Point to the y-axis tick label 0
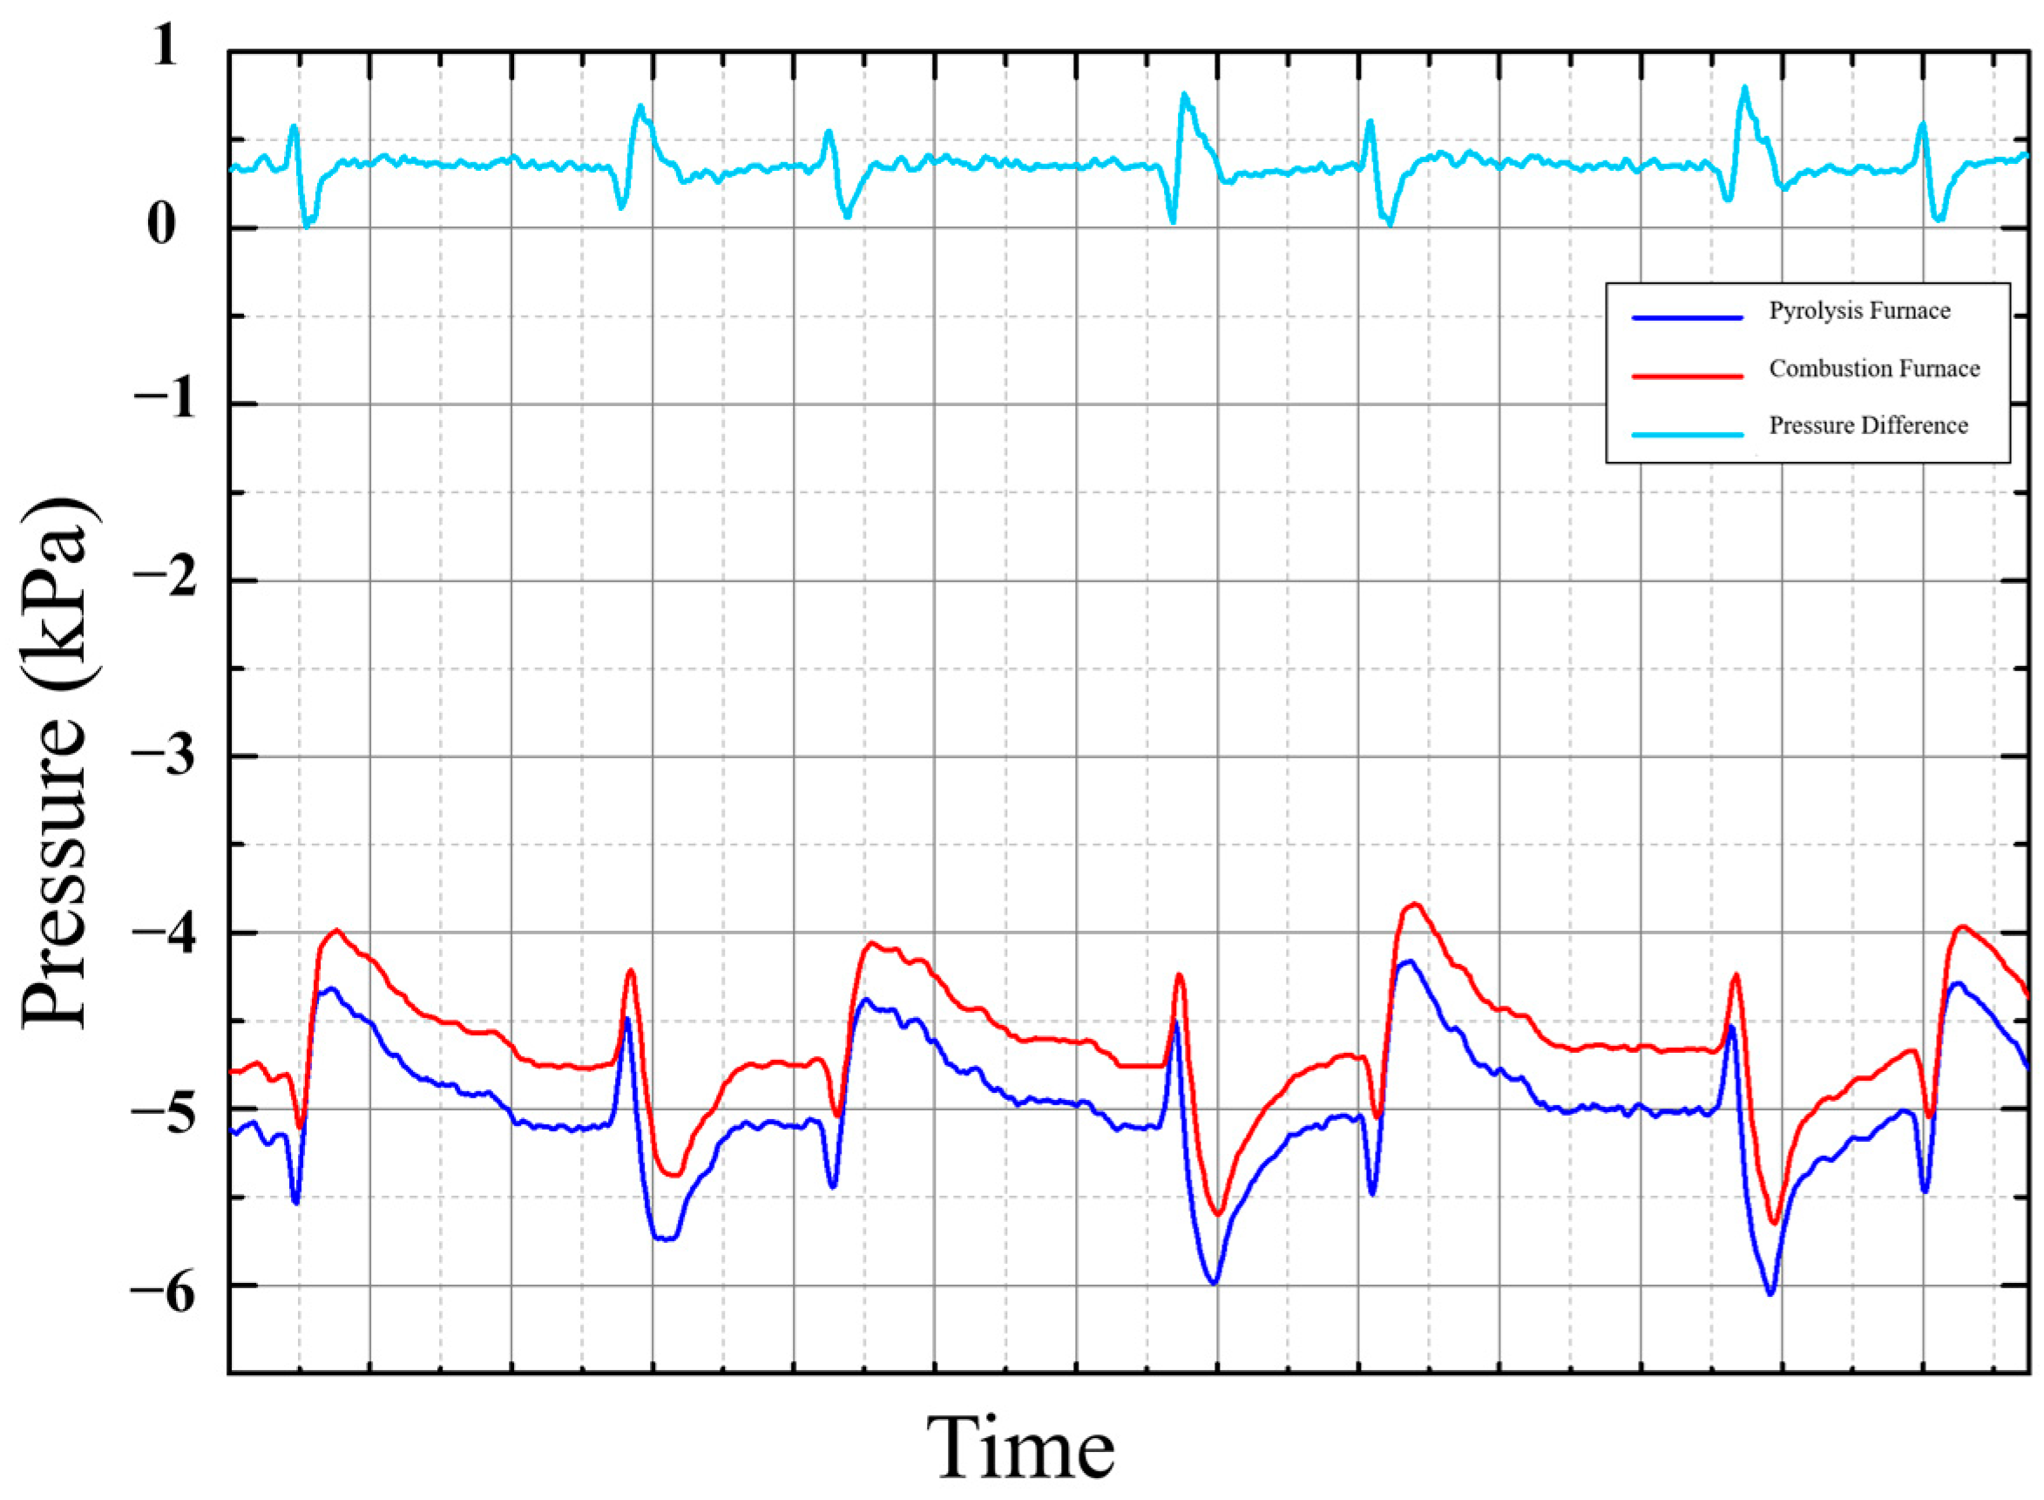[160, 224]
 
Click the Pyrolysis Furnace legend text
[1858, 311]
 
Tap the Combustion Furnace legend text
[1874, 369]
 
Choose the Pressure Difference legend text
[1868, 426]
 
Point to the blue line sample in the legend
[1687, 318]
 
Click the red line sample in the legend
[1687, 375]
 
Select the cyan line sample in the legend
[1687, 434]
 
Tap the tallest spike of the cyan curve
[1743, 88]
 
